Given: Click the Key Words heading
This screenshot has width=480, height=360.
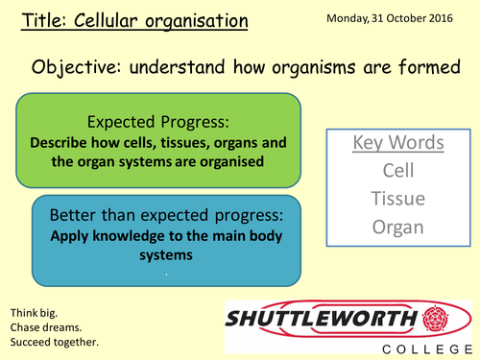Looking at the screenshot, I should [397, 143].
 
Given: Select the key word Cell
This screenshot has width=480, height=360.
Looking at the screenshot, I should [397, 170].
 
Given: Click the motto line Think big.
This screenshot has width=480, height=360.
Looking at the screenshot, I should [34, 313].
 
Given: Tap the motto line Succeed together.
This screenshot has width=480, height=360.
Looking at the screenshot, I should [54, 343].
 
